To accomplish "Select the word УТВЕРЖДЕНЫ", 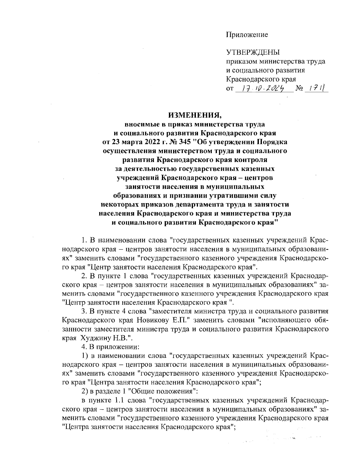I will pyautogui.click(x=253, y=53).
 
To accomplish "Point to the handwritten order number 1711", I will pyautogui.click(x=316, y=89).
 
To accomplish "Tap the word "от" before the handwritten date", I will pyautogui.click(x=229, y=89).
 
